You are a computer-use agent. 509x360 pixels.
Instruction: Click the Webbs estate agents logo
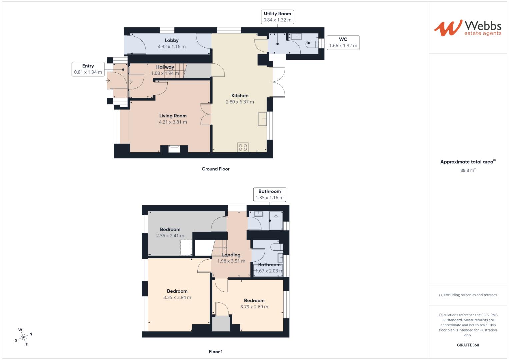point(467,28)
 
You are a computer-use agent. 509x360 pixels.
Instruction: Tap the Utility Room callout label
point(277,17)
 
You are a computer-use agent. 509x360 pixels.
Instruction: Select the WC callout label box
point(343,43)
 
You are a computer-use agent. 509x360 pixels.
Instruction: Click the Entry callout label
point(88,69)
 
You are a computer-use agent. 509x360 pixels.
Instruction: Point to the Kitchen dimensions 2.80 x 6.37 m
point(240,102)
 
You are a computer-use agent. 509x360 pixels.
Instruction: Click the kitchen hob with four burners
point(243,147)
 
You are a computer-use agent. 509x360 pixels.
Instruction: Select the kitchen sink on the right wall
point(262,119)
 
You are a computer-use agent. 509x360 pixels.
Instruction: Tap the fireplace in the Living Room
point(174,149)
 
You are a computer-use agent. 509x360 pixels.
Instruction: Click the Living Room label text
point(173,116)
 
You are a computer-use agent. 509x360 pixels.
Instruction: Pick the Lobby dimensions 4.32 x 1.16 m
point(172,47)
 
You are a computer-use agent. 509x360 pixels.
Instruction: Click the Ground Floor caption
point(216,169)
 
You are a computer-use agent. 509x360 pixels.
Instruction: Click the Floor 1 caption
point(216,352)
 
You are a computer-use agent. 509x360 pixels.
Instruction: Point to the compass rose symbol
point(23,337)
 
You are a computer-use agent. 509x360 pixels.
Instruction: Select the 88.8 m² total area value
point(468,170)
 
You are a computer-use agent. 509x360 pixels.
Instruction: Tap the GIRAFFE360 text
point(468,345)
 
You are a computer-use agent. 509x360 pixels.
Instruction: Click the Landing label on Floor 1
point(231,255)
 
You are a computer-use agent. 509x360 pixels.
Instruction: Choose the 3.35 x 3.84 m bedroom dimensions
point(177,298)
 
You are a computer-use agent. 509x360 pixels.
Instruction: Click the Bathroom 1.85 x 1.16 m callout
point(269,194)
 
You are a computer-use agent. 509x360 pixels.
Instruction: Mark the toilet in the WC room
point(311,43)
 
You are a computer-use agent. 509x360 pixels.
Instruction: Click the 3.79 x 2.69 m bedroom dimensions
point(254,307)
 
